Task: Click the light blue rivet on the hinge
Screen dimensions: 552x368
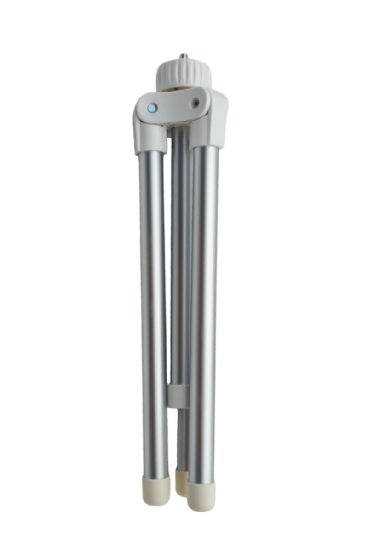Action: click(151, 108)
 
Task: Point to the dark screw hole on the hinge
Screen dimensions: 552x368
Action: click(196, 103)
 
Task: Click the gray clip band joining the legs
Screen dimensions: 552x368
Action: click(178, 396)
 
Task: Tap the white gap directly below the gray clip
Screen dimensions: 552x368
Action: click(172, 432)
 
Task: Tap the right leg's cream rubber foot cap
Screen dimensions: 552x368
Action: click(201, 497)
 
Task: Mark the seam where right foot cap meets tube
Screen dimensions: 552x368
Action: click(201, 484)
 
